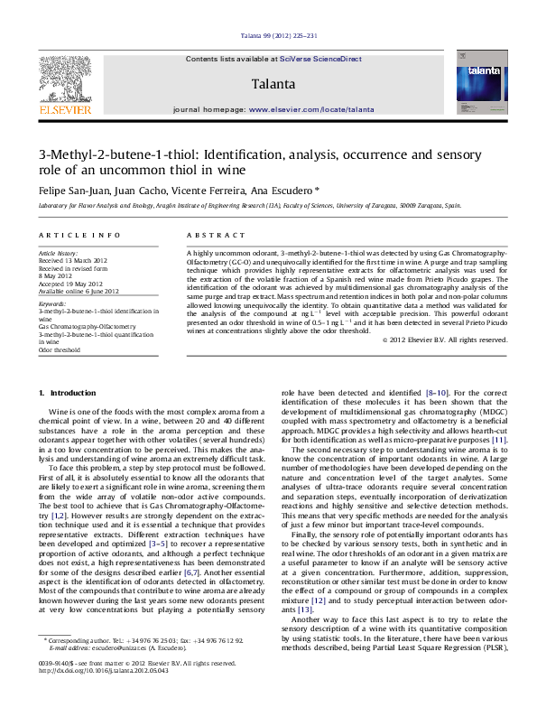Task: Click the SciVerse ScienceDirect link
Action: click(320, 59)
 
